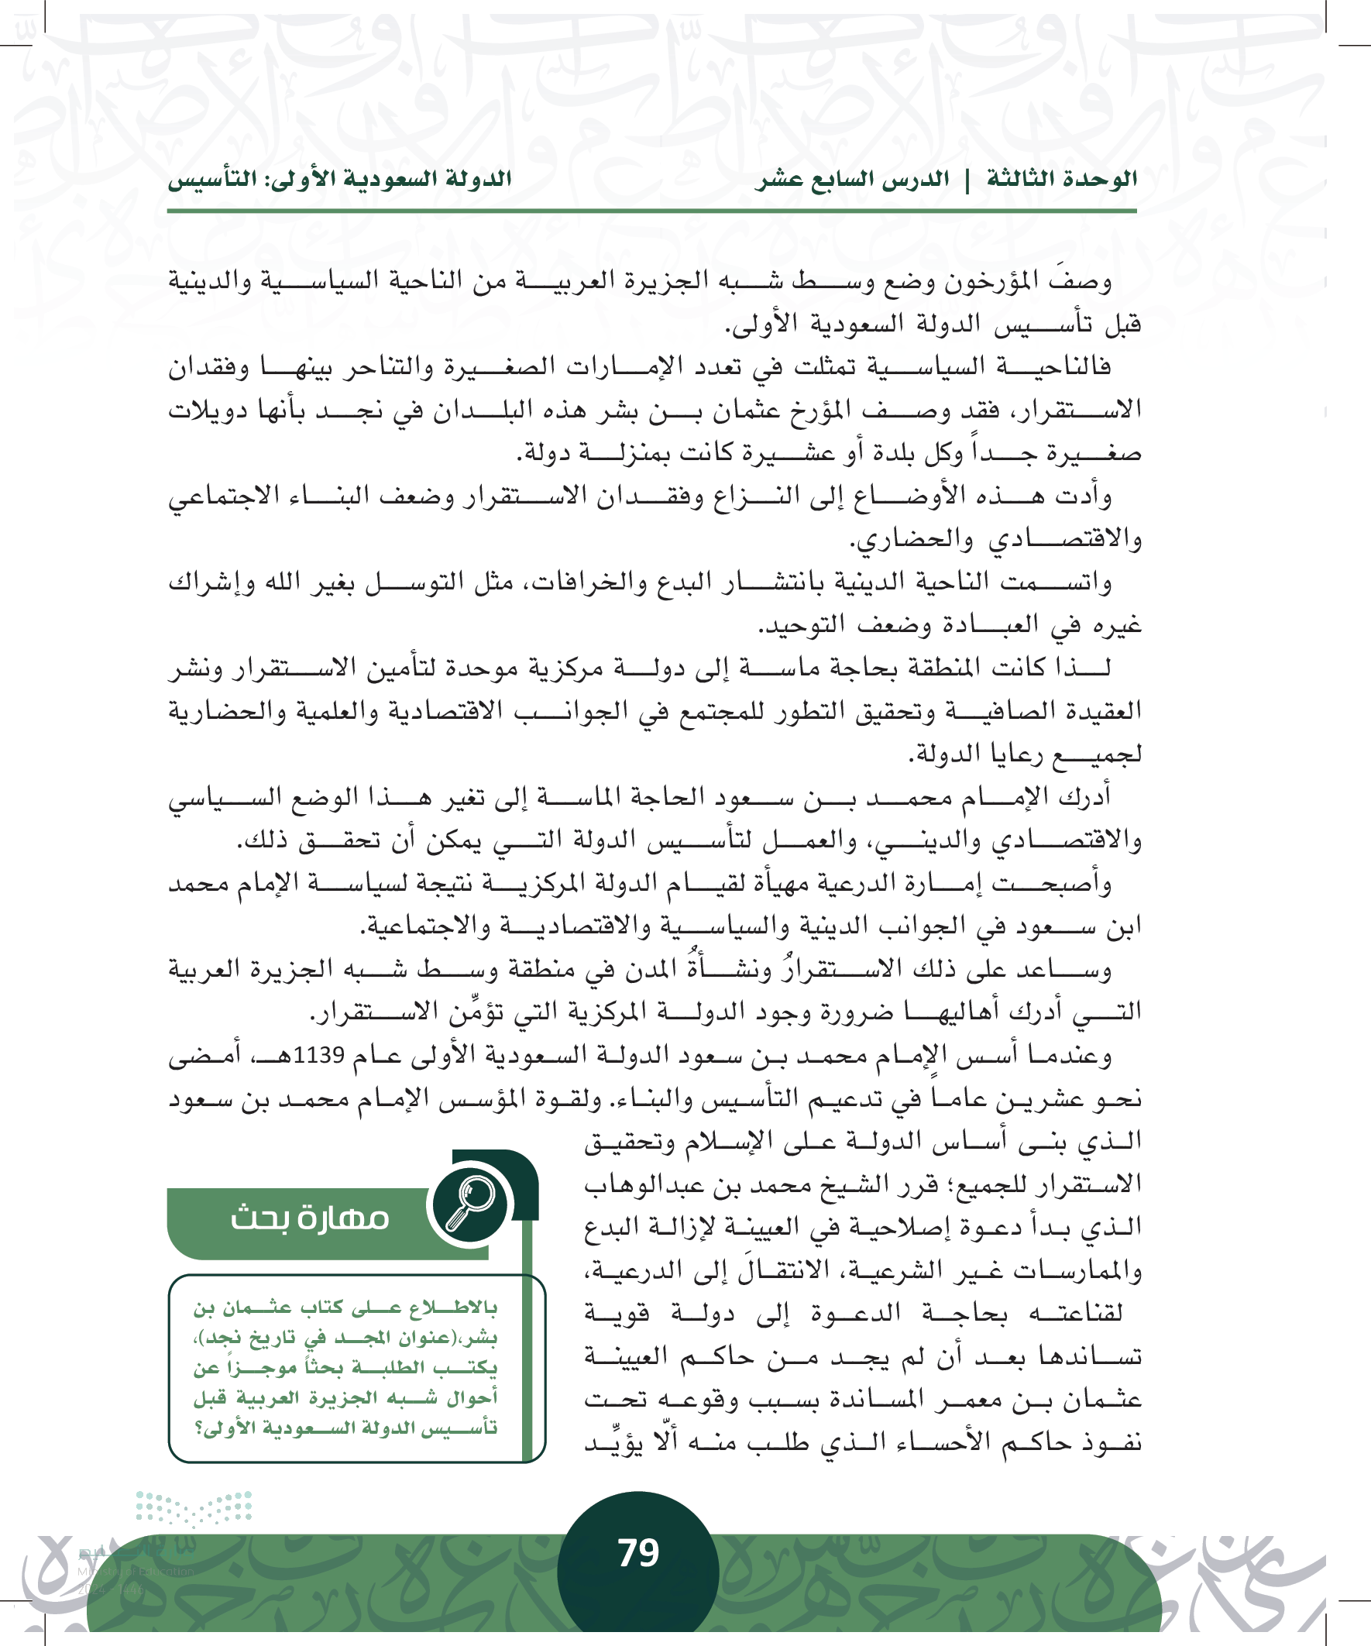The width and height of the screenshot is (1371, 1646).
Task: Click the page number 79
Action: coord(638,1553)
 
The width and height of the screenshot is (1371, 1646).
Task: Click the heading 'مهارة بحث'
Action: coord(310,1218)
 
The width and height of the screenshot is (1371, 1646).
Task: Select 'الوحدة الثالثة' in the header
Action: coord(1061,180)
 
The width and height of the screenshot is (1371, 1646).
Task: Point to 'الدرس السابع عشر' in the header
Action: coord(852,180)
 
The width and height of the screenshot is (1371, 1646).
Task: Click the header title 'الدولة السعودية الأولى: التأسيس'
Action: coord(339,180)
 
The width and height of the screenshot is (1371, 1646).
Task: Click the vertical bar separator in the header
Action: coord(967,180)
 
